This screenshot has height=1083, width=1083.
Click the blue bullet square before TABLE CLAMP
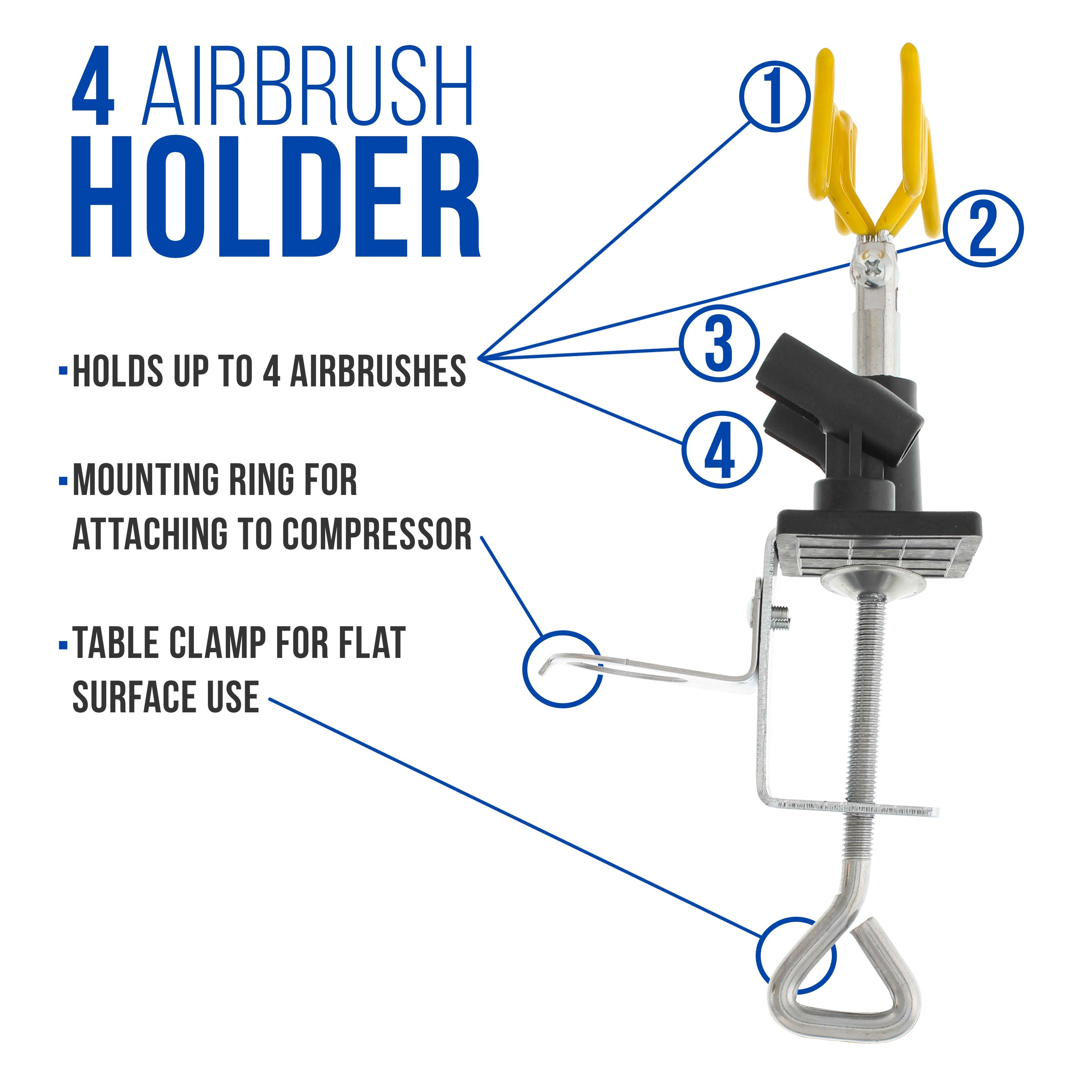(62, 645)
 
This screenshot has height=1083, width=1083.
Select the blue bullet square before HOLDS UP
(62, 371)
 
